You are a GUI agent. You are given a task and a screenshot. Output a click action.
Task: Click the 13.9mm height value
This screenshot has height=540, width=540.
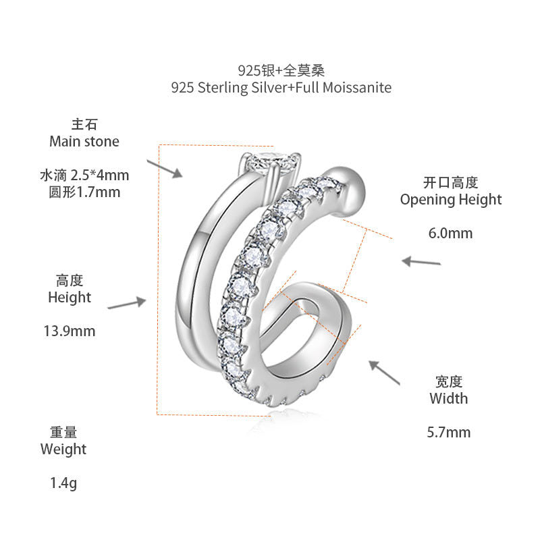coord(70,331)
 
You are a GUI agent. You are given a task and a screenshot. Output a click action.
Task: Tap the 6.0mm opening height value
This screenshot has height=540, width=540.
coord(450,233)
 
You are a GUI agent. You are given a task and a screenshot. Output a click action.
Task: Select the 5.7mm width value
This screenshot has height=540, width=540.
coord(449,432)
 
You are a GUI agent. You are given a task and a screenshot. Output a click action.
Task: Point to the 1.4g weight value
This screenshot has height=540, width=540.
coord(63,483)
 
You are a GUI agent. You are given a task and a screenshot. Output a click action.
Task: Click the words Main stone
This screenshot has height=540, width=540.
coord(84,141)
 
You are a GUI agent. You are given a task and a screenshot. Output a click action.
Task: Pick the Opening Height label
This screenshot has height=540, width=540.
coord(451,200)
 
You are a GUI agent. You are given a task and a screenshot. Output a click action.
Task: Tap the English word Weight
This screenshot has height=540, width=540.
coord(63,450)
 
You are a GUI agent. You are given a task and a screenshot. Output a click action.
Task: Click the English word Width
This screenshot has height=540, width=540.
coord(449,398)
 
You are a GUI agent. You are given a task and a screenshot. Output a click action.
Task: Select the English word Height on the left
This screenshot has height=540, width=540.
coord(70,298)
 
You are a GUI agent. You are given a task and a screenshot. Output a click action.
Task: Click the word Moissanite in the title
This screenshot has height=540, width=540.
coord(357,88)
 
